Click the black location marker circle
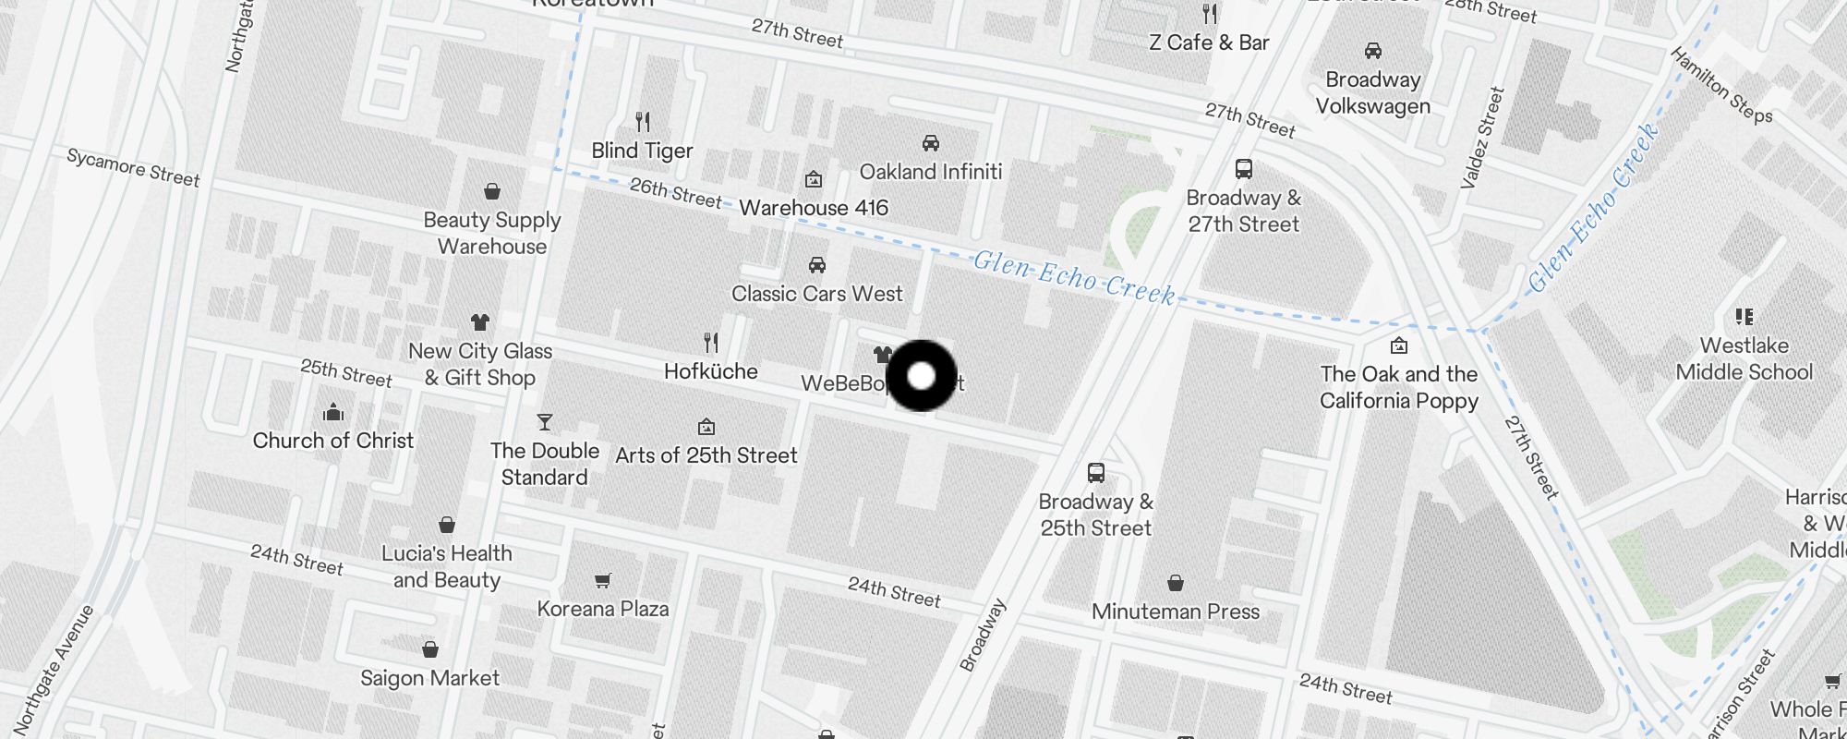pyautogui.click(x=921, y=376)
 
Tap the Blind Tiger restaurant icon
pyautogui.click(x=643, y=121)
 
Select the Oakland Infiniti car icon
pyautogui.click(x=931, y=142)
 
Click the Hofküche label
pyautogui.click(x=711, y=371)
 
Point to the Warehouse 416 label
pyautogui.click(x=814, y=208)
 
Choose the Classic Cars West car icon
pyautogui.click(x=817, y=265)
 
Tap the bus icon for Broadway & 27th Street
pyautogui.click(x=1244, y=169)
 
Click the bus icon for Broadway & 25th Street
pyautogui.click(x=1096, y=473)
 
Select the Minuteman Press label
pyautogui.click(x=1176, y=612)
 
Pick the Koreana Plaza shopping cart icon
pyautogui.click(x=603, y=580)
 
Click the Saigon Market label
pyautogui.click(x=429, y=678)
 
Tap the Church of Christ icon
pyautogui.click(x=333, y=412)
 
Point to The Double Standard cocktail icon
pyautogui.click(x=545, y=422)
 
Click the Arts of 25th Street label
pyautogui.click(x=706, y=455)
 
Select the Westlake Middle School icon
pyautogui.click(x=1744, y=317)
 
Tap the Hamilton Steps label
pyautogui.click(x=1721, y=86)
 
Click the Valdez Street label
pyautogui.click(x=1482, y=138)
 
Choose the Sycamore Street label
pyautogui.click(x=133, y=168)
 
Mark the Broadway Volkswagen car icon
pyautogui.click(x=1373, y=51)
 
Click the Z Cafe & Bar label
pyautogui.click(x=1209, y=42)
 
